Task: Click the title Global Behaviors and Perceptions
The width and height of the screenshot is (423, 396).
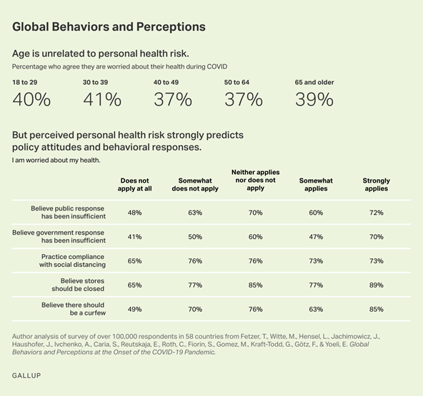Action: point(109,26)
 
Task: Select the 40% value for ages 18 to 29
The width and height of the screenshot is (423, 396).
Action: point(31,100)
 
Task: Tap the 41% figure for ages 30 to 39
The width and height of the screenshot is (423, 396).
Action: point(102,100)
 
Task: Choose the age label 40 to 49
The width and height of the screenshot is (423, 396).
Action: point(167,82)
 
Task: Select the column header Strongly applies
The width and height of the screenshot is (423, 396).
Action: point(376,185)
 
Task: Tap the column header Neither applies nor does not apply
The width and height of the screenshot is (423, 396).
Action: point(255,181)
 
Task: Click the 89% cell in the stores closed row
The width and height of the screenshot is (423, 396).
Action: point(376,285)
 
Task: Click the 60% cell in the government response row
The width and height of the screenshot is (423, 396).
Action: point(255,237)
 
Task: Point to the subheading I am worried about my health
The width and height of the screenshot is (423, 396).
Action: point(56,160)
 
